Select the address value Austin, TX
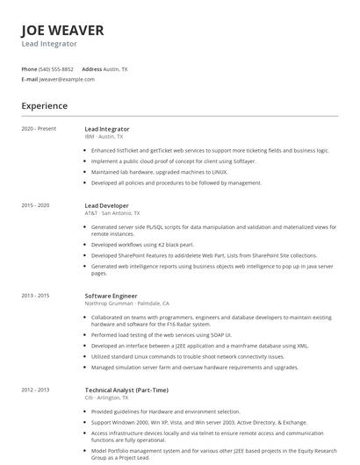click(116, 68)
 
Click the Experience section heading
click(44, 106)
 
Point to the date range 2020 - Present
click(39, 128)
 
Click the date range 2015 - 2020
click(36, 205)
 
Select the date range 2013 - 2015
click(36, 296)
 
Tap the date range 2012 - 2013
click(36, 389)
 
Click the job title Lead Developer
click(106, 205)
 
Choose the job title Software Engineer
click(111, 296)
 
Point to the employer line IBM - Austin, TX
click(104, 137)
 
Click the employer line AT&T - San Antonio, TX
click(112, 213)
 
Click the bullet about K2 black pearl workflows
click(142, 244)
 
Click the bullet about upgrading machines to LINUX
click(160, 172)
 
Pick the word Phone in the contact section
click(29, 68)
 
